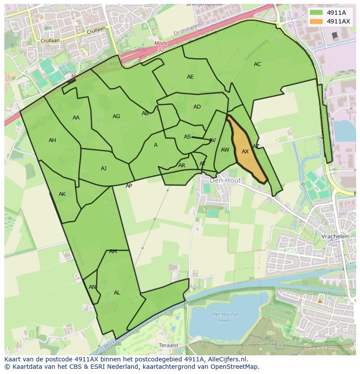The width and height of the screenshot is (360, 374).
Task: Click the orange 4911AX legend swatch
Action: point(317,21)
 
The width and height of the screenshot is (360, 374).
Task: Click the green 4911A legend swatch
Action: point(317,13)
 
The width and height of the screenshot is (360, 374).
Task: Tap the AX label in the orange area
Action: point(245,152)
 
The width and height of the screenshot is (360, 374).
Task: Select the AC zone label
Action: point(257,64)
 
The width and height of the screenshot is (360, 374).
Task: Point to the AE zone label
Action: point(190,77)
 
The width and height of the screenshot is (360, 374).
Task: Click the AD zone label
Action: point(197,107)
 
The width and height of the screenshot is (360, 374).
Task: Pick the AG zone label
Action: point(116,116)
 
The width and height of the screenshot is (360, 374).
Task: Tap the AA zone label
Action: point(76,118)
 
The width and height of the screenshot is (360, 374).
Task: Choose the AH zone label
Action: point(52,140)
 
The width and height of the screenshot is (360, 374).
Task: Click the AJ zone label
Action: point(103,169)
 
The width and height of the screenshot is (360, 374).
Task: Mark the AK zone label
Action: point(62,194)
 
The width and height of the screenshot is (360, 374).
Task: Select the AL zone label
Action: point(117,293)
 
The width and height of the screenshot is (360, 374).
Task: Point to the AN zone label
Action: point(92,287)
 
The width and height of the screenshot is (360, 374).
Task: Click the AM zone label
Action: point(113,252)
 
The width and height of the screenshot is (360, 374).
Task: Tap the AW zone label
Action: point(225,150)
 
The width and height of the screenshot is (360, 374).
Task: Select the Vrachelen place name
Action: point(335,236)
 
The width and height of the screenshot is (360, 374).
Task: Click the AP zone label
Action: point(129,186)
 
